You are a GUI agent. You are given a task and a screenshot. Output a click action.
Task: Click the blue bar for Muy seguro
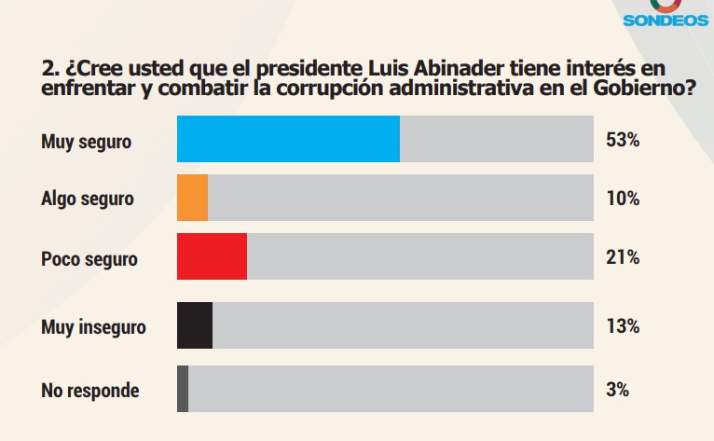point(288,139)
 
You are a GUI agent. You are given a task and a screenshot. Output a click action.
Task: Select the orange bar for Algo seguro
point(192,198)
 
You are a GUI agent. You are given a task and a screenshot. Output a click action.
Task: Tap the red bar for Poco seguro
point(212,256)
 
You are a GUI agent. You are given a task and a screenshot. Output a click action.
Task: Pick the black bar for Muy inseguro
point(195,325)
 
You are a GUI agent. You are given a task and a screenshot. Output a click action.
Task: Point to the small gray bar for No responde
point(183,388)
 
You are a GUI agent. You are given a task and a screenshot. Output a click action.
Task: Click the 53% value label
point(622,140)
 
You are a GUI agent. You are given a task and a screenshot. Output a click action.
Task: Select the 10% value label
point(622,199)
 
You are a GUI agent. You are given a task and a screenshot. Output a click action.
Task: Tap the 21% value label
point(622,257)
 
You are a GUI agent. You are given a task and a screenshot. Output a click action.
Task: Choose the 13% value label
point(622,326)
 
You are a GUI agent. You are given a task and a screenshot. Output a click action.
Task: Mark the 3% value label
point(617,390)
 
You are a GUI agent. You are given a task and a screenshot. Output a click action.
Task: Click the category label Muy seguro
point(87,142)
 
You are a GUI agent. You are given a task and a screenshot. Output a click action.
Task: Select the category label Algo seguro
point(88,200)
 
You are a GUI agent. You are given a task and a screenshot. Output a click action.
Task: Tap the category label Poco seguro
point(89,258)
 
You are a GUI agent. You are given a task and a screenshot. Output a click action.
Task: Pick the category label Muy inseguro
point(93,327)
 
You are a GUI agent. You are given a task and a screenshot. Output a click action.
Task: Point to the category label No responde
point(90,391)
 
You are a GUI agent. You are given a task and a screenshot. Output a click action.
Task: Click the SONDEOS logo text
point(666,20)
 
